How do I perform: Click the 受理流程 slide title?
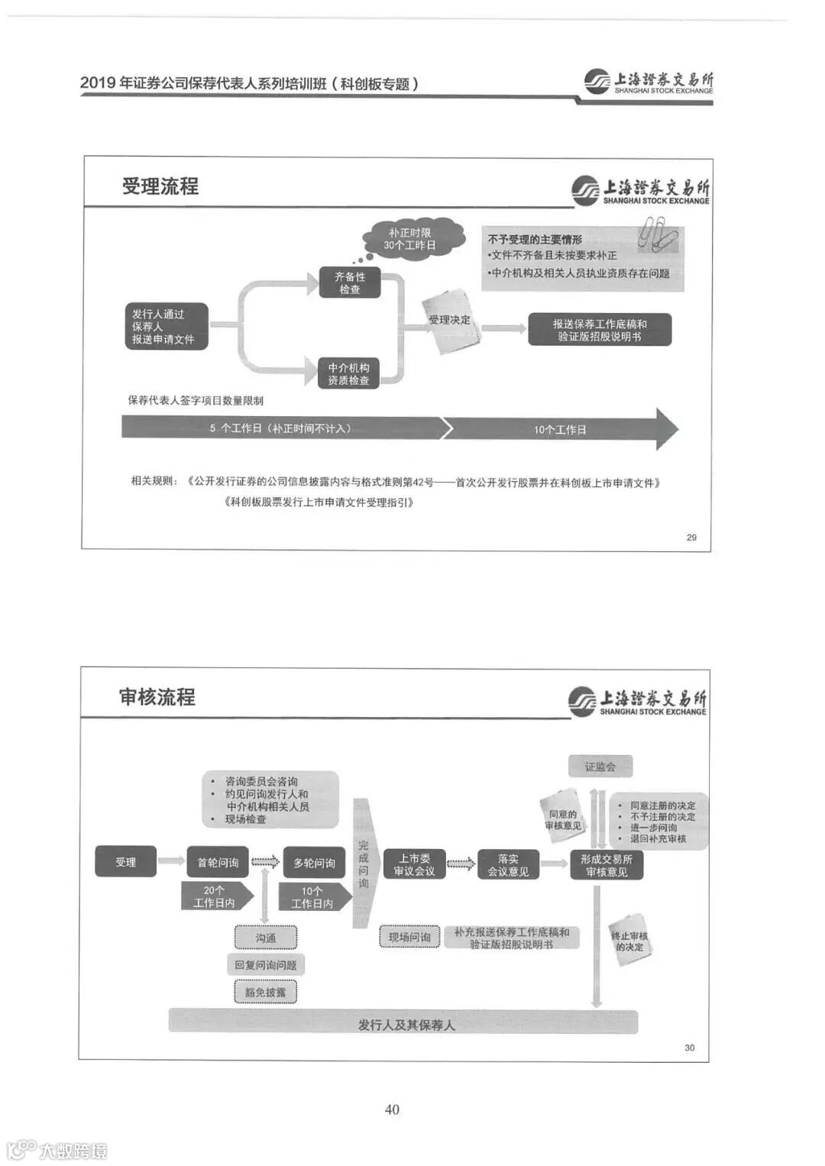coord(160,186)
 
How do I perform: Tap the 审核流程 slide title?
coord(157,696)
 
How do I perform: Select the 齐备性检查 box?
coord(350,283)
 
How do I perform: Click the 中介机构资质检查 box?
coord(348,373)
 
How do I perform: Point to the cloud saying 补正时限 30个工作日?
coord(411,239)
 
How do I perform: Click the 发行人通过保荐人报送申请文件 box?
coord(167,326)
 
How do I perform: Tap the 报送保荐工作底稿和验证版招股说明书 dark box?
coord(600,330)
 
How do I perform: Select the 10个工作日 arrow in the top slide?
coord(561,429)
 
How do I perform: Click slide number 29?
coord(691,538)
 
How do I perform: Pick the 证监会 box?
coord(600,767)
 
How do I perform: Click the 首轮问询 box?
coord(218,862)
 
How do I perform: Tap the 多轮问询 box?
coord(314,863)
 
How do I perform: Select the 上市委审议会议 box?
coord(414,864)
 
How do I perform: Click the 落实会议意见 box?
coord(508,864)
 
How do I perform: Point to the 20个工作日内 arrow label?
coord(215,896)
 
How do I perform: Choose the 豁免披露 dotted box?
coord(265,992)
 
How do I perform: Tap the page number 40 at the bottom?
coord(392,1109)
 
